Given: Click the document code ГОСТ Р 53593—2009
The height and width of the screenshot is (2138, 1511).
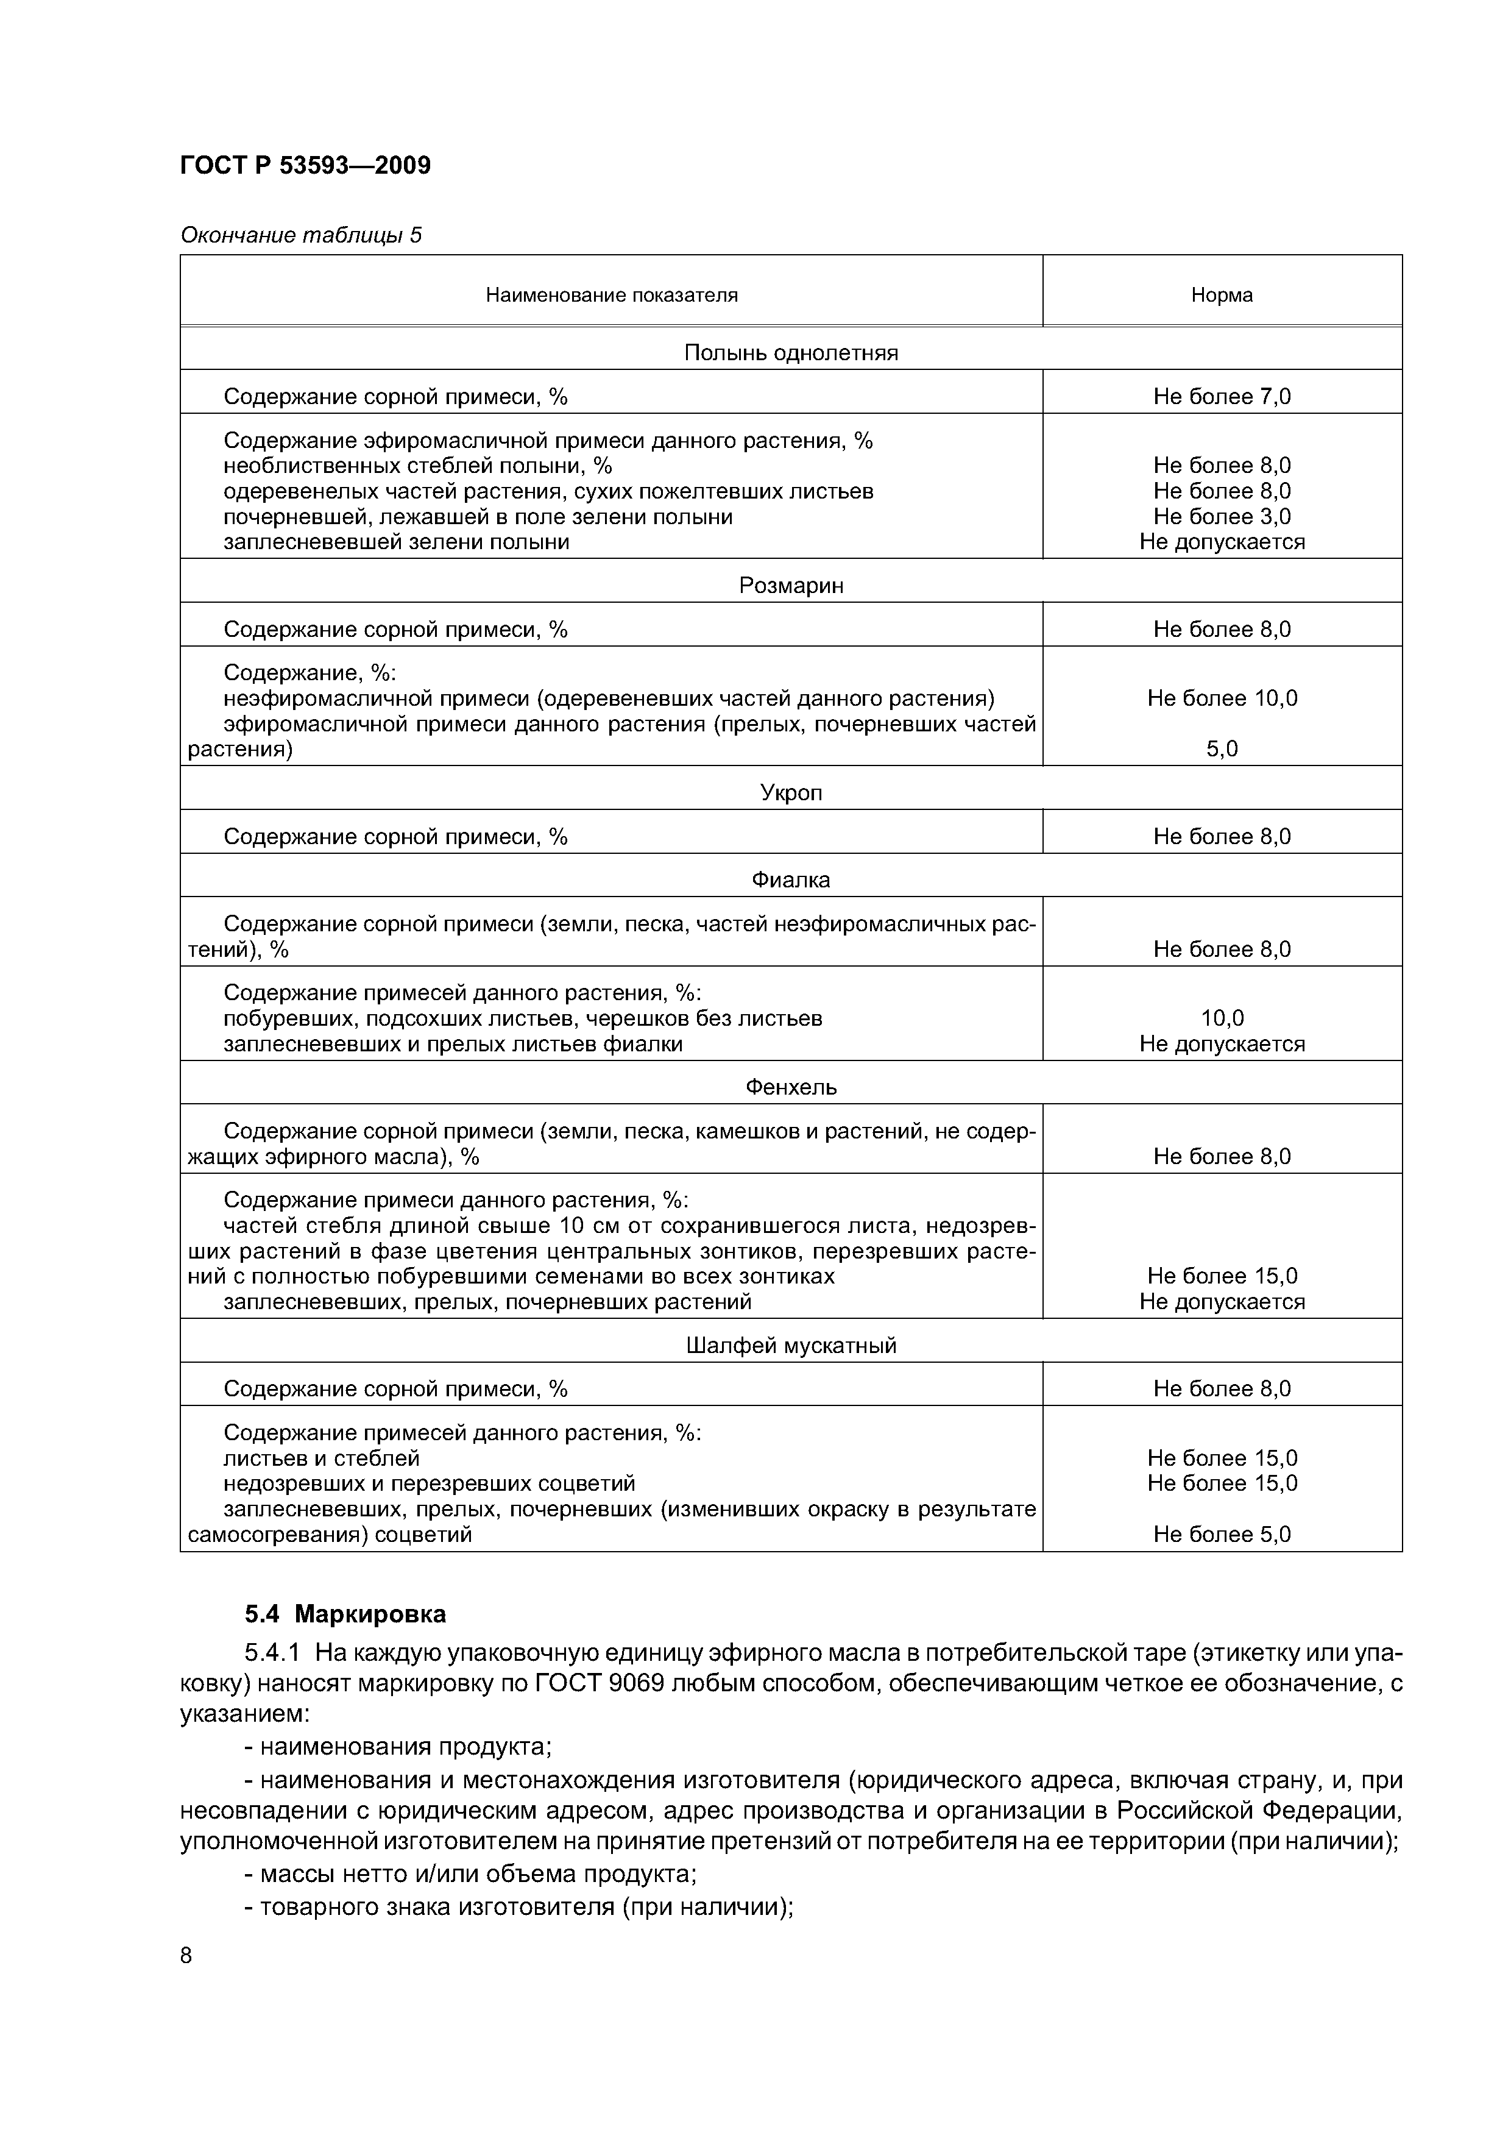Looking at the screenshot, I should [305, 166].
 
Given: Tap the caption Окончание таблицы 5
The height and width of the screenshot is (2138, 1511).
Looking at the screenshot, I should [301, 235].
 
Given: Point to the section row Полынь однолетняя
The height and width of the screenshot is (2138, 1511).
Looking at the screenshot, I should [790, 353].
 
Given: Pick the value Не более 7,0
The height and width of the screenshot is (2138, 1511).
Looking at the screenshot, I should [1222, 397].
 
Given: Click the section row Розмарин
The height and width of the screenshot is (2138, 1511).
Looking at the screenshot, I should [790, 586].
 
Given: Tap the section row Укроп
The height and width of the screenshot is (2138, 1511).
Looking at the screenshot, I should [790, 792].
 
